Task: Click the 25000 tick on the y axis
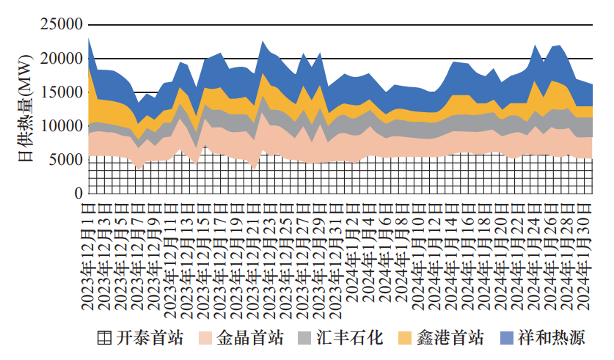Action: coord(61,25)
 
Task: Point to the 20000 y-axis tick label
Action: coord(61,59)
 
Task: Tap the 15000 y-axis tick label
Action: coord(61,92)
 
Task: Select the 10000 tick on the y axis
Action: coord(61,126)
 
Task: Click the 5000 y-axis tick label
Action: coord(65,160)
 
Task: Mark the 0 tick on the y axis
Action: coord(78,194)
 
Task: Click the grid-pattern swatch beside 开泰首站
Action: coord(105,338)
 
